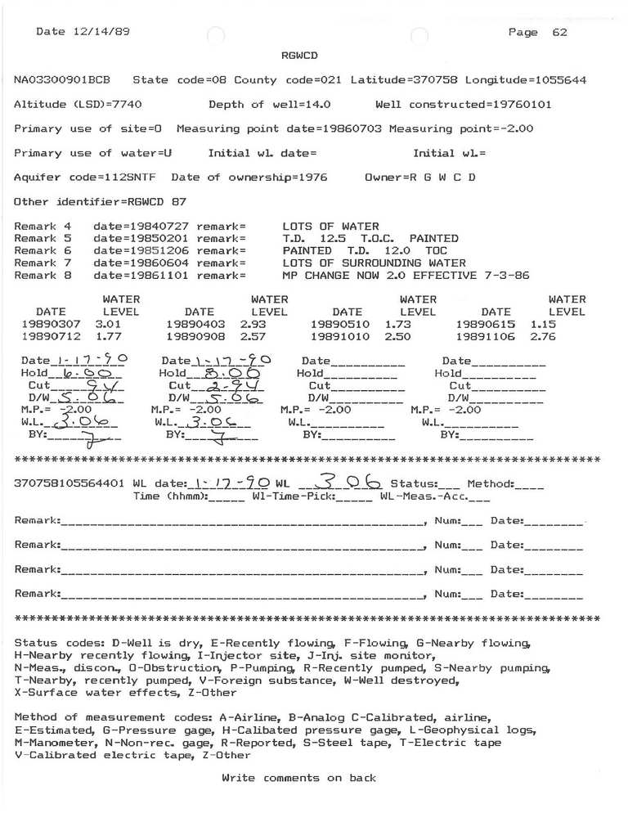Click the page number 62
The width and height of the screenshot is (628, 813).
point(559,33)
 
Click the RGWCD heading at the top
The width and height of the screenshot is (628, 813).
point(298,55)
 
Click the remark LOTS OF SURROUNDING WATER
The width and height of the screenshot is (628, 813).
point(373,263)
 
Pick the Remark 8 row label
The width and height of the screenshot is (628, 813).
point(44,276)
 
